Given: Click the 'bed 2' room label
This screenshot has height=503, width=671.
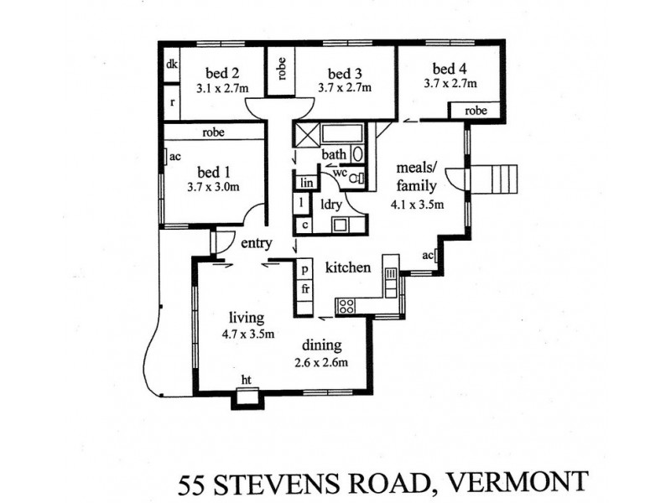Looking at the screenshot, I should click(x=213, y=71).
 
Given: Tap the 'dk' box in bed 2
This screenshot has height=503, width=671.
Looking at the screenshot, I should click(x=171, y=65).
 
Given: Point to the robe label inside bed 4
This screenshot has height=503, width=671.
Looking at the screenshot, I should click(x=476, y=111).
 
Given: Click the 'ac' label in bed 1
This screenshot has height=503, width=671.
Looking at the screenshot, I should click(x=175, y=157).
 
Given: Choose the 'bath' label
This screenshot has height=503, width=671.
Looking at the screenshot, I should click(x=333, y=154).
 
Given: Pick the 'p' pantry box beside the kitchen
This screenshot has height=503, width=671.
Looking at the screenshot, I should click(x=305, y=269).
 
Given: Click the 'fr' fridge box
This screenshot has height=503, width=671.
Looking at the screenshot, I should click(x=305, y=289).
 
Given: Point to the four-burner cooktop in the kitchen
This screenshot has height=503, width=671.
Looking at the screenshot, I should click(x=346, y=306).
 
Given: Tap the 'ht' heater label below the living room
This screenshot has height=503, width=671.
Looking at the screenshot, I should click(x=246, y=381).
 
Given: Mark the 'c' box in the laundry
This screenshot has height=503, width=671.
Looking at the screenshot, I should click(x=304, y=225).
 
